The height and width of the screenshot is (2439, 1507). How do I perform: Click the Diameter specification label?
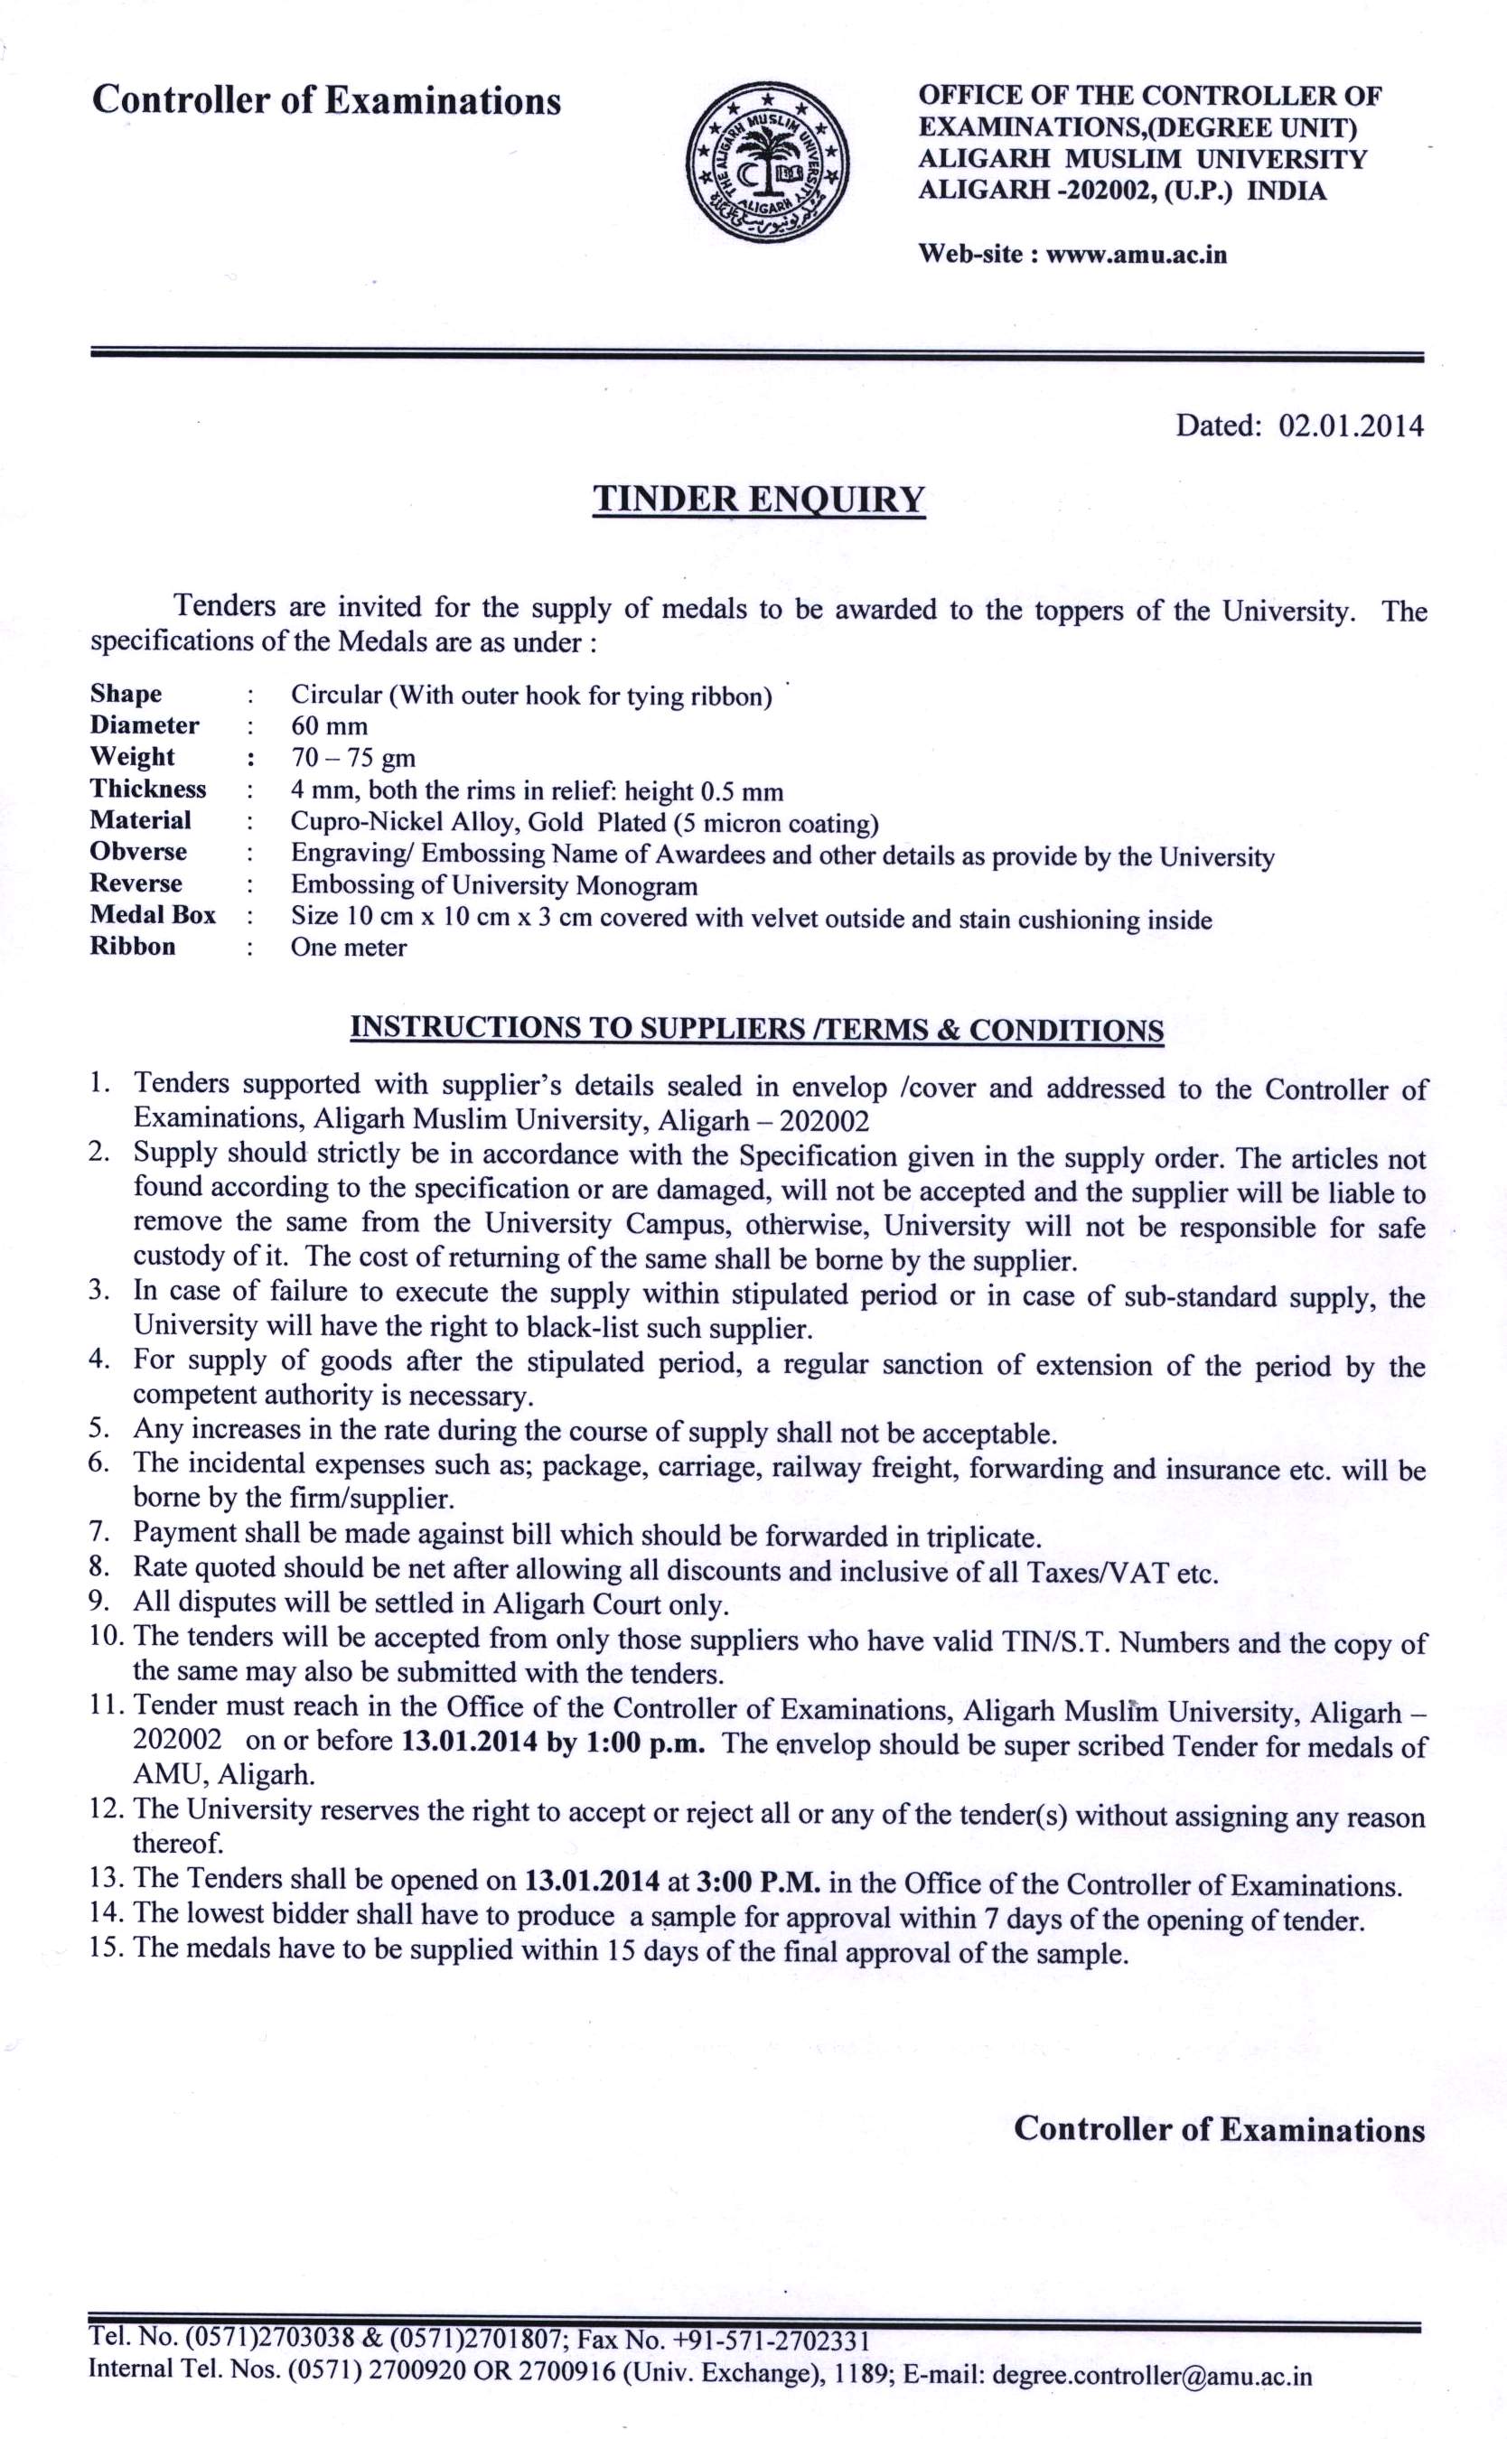(x=145, y=724)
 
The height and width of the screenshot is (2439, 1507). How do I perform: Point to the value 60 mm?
(x=329, y=725)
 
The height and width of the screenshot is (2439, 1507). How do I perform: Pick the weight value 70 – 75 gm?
(x=353, y=757)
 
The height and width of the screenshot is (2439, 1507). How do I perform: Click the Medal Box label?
(x=153, y=914)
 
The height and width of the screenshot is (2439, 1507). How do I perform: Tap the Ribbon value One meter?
(x=348, y=947)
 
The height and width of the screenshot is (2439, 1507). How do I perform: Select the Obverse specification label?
(x=138, y=852)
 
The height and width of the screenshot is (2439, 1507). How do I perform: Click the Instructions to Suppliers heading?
(x=757, y=1028)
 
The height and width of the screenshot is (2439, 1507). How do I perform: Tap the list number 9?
(x=98, y=1605)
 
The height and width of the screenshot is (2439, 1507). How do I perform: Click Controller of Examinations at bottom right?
(x=1218, y=2128)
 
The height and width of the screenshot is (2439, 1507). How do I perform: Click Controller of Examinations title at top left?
(x=326, y=100)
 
